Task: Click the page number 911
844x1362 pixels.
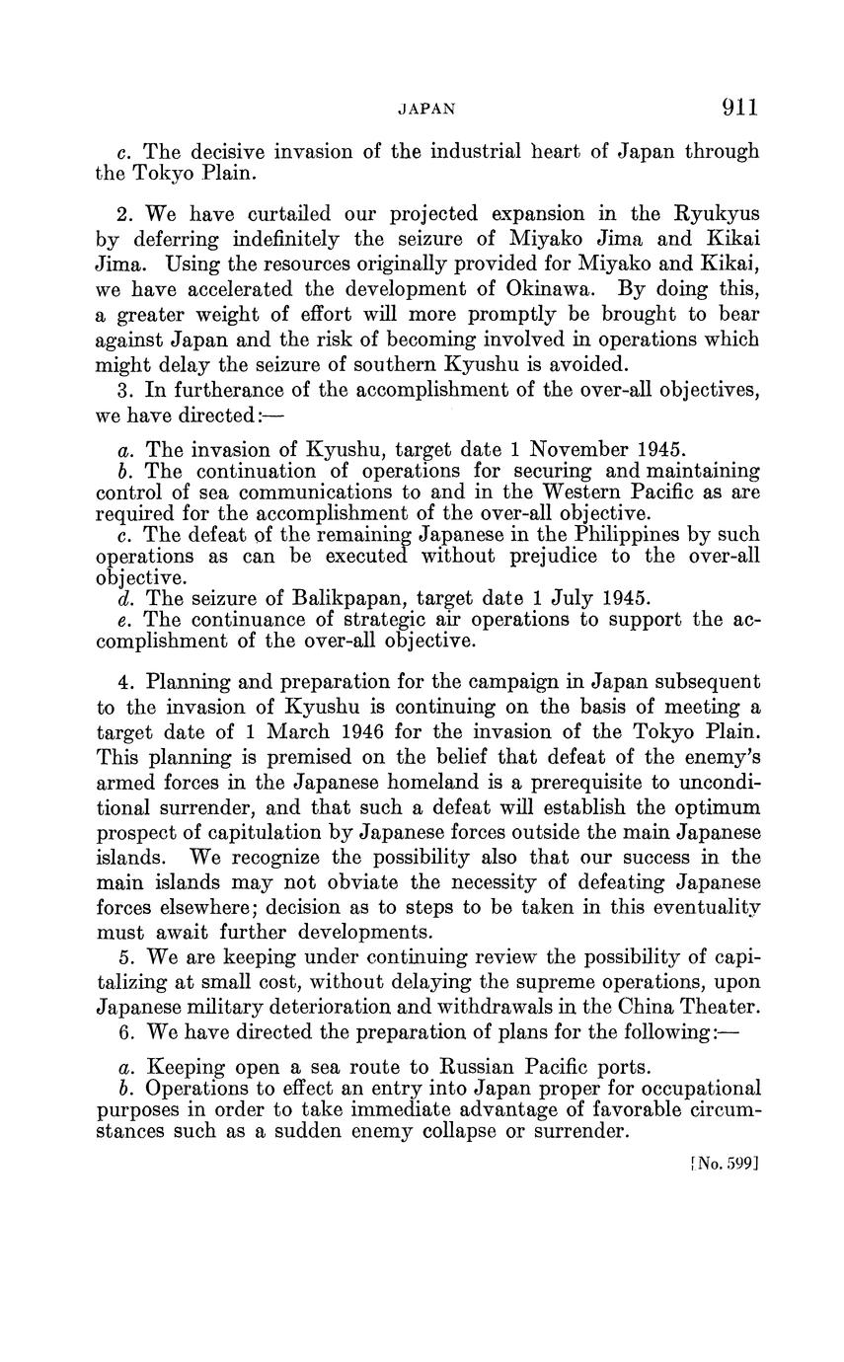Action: [740, 108]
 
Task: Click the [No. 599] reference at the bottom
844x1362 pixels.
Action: [724, 1163]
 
